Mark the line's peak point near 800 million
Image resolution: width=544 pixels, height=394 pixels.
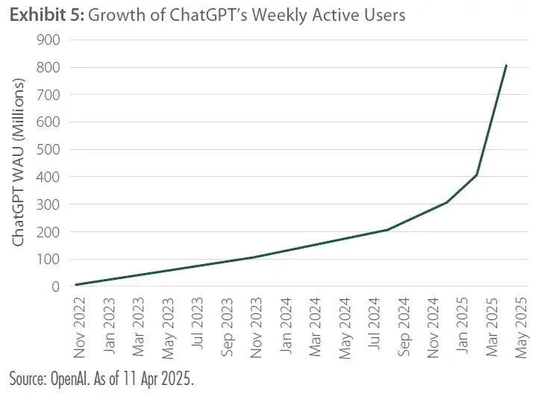[506, 66]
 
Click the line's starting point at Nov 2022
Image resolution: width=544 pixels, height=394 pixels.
[76, 284]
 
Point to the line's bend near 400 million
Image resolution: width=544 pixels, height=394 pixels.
[477, 175]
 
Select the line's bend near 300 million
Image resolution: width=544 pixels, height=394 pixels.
[447, 202]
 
